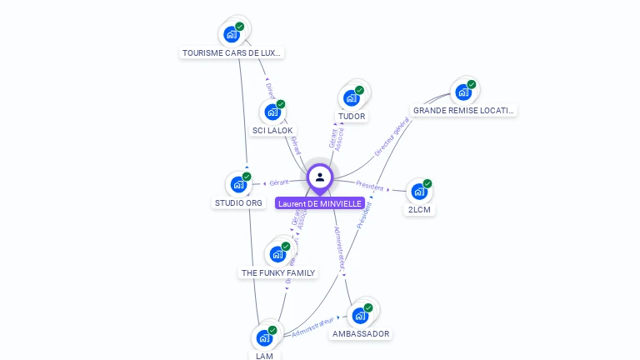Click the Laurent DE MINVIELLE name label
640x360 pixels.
[x=320, y=203]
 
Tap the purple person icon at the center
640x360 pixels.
[x=320, y=177]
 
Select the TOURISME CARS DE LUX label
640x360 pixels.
[x=232, y=52]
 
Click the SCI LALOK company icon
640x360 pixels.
[x=272, y=112]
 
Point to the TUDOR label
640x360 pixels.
[x=352, y=116]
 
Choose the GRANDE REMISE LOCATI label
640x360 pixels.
[x=464, y=110]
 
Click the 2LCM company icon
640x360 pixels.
[x=418, y=192]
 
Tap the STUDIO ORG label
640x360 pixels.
[x=238, y=202]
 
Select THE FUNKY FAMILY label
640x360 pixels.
[x=278, y=272]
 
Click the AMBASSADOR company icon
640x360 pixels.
[x=360, y=316]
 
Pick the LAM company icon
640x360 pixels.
[x=264, y=338]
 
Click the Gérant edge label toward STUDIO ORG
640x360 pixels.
[x=278, y=182]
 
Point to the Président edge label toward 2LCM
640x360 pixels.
[x=370, y=186]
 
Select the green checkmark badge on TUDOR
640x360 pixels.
[x=359, y=90]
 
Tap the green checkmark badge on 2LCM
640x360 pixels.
[x=427, y=183]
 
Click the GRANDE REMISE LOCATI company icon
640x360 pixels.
[x=462, y=92]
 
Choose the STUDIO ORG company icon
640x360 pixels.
[x=238, y=184]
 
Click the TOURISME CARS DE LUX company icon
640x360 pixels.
[x=231, y=35]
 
